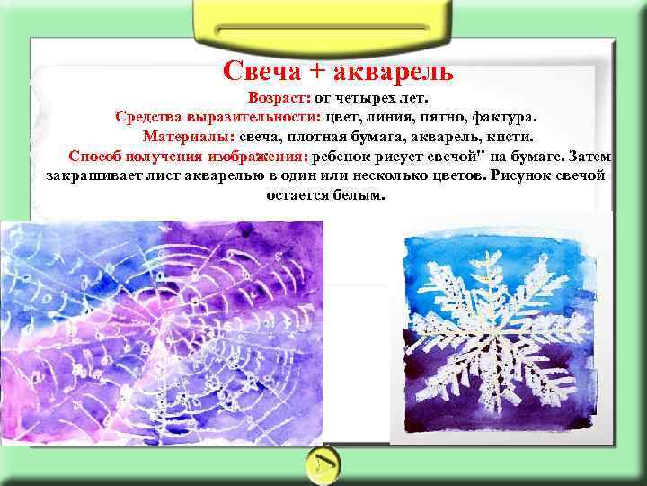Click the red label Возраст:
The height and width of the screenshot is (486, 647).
tap(279, 96)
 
